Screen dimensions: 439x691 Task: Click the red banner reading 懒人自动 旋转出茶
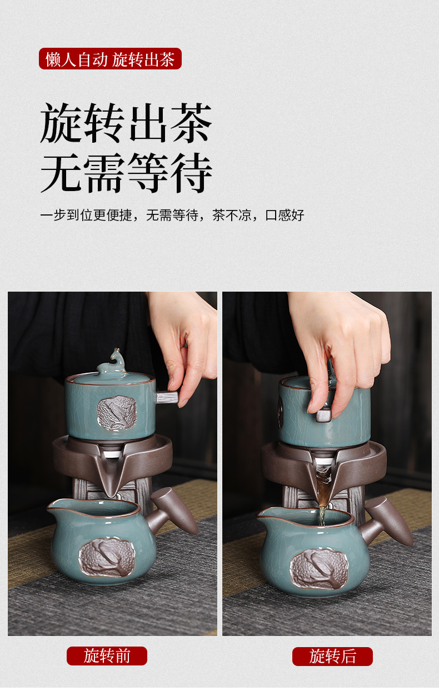click(x=110, y=59)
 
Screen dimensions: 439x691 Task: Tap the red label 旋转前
click(x=107, y=656)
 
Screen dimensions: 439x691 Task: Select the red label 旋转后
click(x=332, y=656)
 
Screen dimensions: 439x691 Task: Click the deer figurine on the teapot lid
click(x=111, y=362)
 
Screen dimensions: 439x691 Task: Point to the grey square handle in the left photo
click(x=167, y=397)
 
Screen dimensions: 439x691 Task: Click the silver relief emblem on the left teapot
click(x=117, y=413)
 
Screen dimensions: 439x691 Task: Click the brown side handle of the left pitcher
click(x=172, y=512)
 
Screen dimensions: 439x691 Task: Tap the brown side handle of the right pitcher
click(x=386, y=522)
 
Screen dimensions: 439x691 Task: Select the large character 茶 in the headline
click(x=191, y=122)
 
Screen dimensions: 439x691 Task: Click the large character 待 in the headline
click(x=191, y=173)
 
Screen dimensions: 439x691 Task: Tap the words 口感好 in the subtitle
click(x=285, y=215)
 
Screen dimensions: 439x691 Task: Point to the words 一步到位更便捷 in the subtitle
click(x=86, y=215)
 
